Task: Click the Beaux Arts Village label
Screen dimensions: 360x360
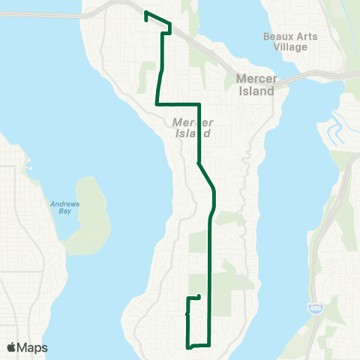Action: [290, 42]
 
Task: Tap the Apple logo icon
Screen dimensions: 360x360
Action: [11, 347]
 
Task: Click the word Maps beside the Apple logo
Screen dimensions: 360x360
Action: [32, 347]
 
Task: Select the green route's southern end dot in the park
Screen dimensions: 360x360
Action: [198, 297]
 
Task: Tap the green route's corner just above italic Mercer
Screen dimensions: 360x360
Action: [197, 103]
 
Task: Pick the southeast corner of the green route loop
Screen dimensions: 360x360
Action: [208, 344]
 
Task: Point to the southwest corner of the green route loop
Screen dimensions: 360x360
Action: [187, 346]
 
